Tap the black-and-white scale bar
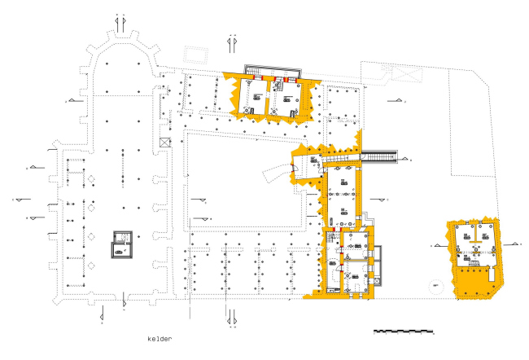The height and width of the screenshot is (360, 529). tap(403, 332)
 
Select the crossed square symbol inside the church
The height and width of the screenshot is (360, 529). tap(165, 142)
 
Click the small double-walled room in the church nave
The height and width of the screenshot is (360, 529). tap(122, 243)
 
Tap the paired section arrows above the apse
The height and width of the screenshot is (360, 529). tap(119, 24)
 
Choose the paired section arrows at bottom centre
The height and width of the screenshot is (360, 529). tap(231, 315)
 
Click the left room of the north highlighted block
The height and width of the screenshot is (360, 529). tap(257, 97)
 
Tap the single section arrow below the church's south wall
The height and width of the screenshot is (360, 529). tap(123, 302)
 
